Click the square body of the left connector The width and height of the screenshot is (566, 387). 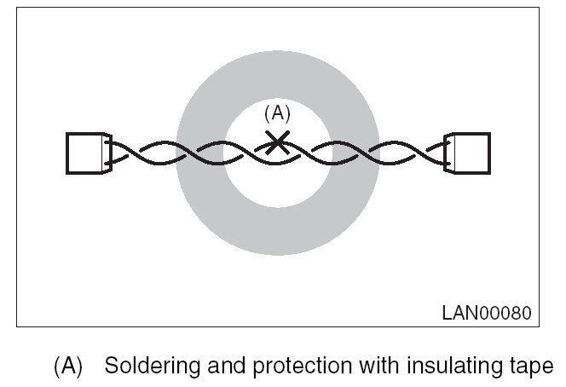click(84, 153)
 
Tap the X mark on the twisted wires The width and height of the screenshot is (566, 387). click(276, 142)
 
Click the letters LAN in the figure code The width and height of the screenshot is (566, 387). click(461, 312)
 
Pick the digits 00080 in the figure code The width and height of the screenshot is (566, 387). click(506, 312)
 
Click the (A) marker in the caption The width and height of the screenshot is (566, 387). click(68, 367)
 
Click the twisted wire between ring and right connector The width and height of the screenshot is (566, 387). click(409, 153)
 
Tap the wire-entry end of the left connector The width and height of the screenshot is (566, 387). click(107, 153)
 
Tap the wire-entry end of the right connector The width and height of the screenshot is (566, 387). click(449, 153)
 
